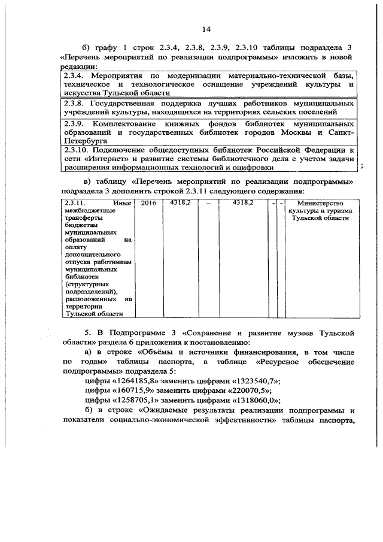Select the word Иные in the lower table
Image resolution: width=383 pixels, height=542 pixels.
coord(122,204)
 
